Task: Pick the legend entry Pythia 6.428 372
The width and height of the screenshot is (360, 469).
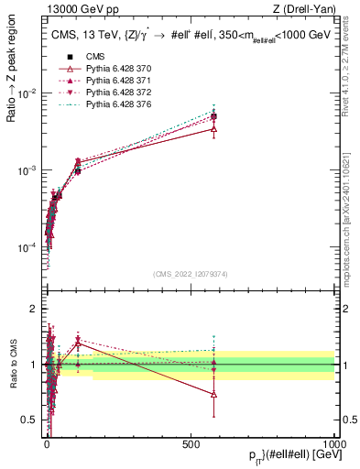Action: tap(106, 93)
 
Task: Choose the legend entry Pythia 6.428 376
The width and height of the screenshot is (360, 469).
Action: tap(106, 104)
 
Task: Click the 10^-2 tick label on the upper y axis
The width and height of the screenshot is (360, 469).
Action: tap(27, 94)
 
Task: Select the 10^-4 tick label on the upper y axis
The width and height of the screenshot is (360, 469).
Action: tap(27, 247)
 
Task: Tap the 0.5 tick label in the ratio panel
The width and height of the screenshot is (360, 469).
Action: tap(29, 420)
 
